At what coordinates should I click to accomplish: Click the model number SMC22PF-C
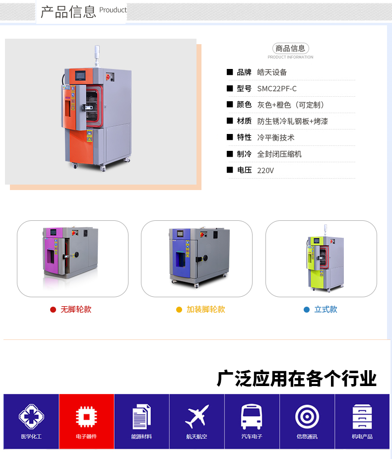(x=277, y=89)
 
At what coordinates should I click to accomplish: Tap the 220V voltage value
(x=265, y=171)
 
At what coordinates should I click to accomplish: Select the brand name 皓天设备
(x=272, y=72)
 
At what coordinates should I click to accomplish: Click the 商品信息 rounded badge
(x=291, y=48)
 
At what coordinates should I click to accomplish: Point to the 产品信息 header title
(x=68, y=12)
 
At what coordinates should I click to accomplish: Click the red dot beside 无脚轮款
(x=53, y=310)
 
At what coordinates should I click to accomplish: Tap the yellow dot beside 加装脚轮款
(x=179, y=310)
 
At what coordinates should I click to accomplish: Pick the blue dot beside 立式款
(x=307, y=310)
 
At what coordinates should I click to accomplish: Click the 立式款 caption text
(x=326, y=309)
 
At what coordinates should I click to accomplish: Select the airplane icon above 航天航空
(x=197, y=416)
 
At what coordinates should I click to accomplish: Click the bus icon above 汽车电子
(x=252, y=416)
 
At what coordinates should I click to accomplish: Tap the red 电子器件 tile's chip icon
(x=86, y=416)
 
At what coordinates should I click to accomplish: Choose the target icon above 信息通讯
(x=307, y=416)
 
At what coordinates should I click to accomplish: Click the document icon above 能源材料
(x=141, y=416)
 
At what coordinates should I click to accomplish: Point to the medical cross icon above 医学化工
(x=31, y=416)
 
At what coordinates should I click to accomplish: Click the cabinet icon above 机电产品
(x=362, y=416)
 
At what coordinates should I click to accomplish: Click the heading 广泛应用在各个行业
(x=296, y=379)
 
